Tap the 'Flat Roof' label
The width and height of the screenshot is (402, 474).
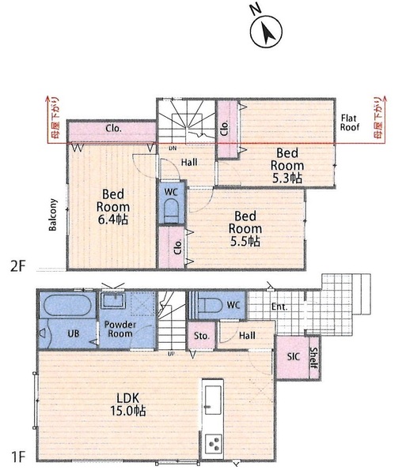(x=350, y=122)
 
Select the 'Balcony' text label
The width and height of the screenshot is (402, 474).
(x=53, y=215)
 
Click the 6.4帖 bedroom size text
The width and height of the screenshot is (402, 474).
(x=113, y=220)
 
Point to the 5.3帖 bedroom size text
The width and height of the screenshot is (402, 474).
(x=287, y=178)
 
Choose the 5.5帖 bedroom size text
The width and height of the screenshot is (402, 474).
(x=245, y=241)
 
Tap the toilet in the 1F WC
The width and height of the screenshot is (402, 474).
(x=209, y=305)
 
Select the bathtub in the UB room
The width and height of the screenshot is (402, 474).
(x=67, y=306)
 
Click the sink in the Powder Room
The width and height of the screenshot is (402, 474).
(x=113, y=301)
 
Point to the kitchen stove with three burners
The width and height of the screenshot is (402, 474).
(x=213, y=444)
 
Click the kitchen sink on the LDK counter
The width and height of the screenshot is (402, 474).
(x=213, y=401)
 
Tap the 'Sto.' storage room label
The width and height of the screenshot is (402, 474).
(x=202, y=336)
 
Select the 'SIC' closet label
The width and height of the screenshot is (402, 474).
(x=294, y=357)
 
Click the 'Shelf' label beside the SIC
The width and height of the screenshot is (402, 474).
(x=313, y=358)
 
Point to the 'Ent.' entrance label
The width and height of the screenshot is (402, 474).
(x=279, y=307)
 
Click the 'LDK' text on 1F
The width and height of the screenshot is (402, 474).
(x=128, y=398)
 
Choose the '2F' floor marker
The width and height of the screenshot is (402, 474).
(x=17, y=267)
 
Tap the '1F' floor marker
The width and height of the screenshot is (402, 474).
(x=18, y=457)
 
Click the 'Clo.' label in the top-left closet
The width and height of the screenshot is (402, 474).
(x=113, y=129)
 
